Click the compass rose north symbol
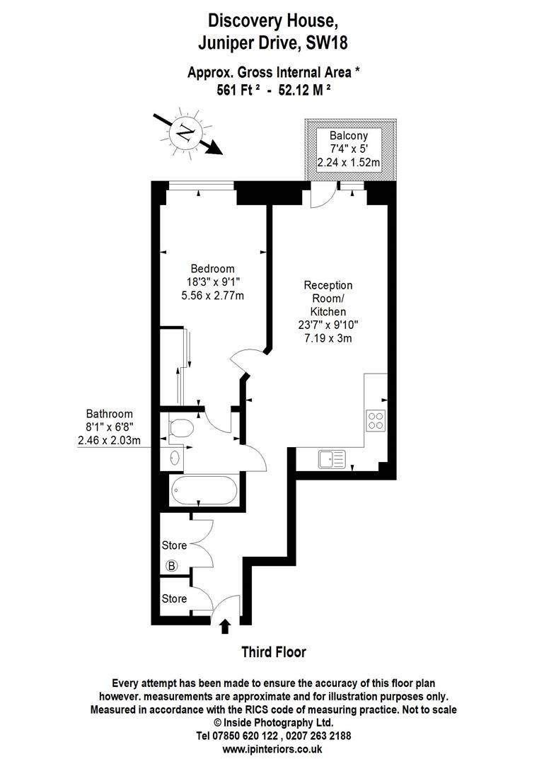point(186,132)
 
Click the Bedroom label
point(212,269)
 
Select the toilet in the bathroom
point(183,428)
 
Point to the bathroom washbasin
point(175,457)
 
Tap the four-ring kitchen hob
point(376,421)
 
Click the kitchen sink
point(331,460)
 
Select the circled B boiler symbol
point(171,565)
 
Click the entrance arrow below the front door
point(226,627)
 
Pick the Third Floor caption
point(274,652)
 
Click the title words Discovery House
point(272,23)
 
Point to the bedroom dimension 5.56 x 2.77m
point(212,295)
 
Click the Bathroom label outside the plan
point(109,415)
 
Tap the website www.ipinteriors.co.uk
point(272,748)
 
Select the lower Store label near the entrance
point(174,599)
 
